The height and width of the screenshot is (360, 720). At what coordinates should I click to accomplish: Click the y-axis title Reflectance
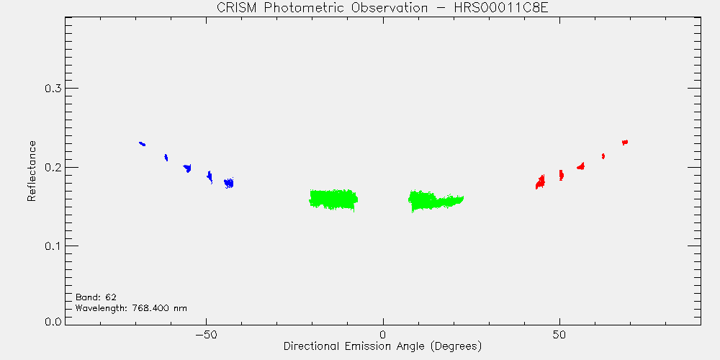coord(31,171)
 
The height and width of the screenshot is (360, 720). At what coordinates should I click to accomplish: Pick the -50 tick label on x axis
coord(206,334)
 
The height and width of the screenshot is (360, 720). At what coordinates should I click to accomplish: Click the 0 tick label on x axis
coord(383,334)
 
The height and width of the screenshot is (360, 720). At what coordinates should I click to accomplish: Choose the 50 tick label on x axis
coord(559,334)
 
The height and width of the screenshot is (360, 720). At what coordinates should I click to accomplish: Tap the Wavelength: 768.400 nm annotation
coord(131,308)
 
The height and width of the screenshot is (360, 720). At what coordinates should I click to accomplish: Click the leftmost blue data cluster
coord(143,144)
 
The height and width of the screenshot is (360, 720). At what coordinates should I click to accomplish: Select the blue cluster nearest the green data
coord(229,183)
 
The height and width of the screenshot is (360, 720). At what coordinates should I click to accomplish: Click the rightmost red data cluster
coord(625,143)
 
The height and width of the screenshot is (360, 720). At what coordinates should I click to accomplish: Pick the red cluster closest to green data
coord(541,182)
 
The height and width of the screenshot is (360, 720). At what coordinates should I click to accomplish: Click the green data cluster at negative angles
coord(333,199)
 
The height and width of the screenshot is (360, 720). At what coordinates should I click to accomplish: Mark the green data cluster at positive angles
coord(436,201)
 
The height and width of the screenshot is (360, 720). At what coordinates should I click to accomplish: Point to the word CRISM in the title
coord(238,8)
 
